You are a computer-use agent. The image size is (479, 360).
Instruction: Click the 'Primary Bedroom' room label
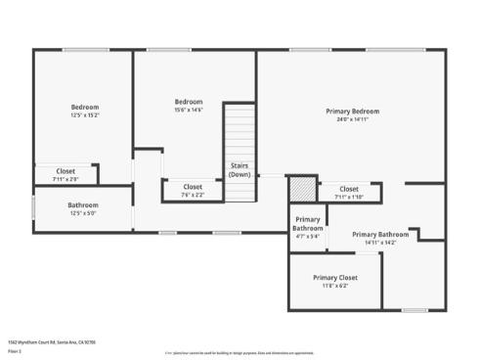(x=352, y=112)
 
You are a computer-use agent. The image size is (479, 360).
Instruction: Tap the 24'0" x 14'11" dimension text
(x=352, y=120)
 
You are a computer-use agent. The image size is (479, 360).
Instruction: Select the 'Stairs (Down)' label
(x=239, y=169)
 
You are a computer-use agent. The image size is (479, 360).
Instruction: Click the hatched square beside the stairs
(x=302, y=188)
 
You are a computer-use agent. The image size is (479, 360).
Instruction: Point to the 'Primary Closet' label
(x=334, y=277)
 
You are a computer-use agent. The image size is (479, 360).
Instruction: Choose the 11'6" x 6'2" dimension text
(x=334, y=286)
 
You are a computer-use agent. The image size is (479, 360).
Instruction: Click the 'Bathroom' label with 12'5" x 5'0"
(x=82, y=204)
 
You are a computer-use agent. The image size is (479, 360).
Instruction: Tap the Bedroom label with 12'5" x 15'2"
(x=84, y=107)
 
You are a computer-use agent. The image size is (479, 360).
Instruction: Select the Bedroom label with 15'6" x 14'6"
(x=189, y=102)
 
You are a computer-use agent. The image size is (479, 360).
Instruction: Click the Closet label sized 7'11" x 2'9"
(x=65, y=171)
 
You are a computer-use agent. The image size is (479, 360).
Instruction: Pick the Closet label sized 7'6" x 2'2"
(x=193, y=186)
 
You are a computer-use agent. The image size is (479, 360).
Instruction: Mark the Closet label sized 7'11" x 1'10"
(x=349, y=189)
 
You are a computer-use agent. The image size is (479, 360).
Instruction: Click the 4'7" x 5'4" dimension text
(x=307, y=236)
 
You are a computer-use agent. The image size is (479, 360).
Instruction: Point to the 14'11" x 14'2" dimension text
(x=379, y=243)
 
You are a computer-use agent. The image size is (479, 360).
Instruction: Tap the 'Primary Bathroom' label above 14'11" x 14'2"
(x=379, y=234)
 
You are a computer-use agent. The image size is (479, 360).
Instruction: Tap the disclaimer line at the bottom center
(x=239, y=352)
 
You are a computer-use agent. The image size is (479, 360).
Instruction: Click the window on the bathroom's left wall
(x=34, y=207)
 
